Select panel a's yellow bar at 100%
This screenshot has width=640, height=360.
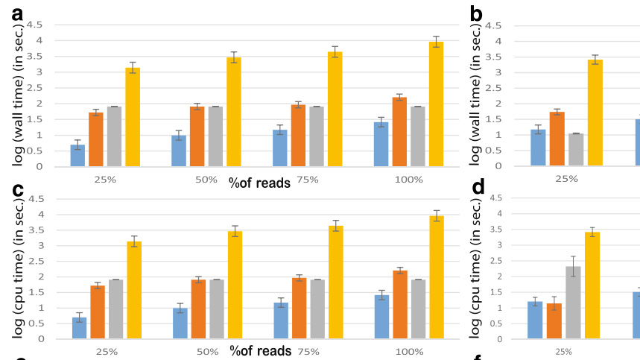436,104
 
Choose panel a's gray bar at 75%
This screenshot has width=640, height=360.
317,136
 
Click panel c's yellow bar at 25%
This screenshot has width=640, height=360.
133,290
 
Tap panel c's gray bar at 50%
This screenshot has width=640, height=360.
216,309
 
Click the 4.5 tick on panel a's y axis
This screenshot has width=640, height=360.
37,25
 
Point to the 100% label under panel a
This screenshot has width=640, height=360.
409,179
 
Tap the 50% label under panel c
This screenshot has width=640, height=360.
208,351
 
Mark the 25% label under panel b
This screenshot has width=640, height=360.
566,179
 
